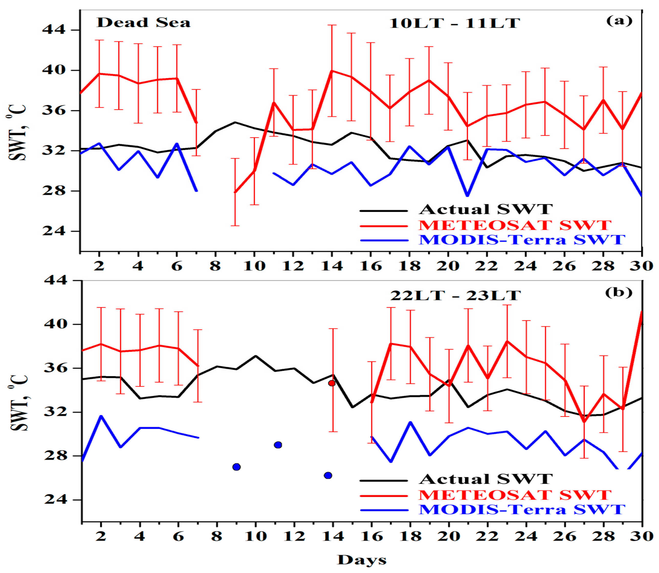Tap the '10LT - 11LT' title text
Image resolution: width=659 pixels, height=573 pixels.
454,23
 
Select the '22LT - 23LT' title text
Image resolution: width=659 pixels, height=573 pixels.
455,295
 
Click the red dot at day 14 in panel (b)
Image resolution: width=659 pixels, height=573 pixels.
332,383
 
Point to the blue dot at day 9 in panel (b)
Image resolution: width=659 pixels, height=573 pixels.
236,467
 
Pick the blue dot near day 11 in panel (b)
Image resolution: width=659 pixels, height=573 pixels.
278,445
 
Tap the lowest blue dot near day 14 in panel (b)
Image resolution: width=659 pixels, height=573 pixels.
328,475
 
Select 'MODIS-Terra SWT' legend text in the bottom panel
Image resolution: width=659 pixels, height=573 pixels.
522,509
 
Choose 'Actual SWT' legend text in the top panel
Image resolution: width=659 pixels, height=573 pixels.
486,209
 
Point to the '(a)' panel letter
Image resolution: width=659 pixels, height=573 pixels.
619,21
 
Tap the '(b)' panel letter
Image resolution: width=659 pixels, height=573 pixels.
619,293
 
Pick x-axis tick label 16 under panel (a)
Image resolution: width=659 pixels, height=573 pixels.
371,266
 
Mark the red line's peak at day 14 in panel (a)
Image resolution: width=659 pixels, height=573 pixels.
332,71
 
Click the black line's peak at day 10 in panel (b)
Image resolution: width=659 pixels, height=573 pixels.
256,356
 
